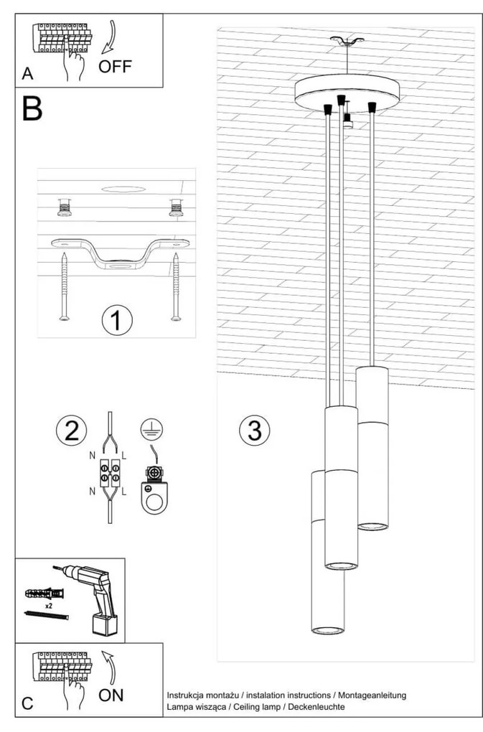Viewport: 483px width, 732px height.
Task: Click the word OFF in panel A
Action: (116, 67)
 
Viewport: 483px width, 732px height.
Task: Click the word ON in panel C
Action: (111, 694)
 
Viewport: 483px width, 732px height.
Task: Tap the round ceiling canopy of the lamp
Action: (344, 90)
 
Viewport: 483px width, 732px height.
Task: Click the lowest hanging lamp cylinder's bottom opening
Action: (328, 630)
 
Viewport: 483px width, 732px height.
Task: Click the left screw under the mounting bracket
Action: (64, 288)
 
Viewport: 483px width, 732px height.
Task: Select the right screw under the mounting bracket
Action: (175, 288)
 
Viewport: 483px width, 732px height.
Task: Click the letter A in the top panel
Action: (27, 74)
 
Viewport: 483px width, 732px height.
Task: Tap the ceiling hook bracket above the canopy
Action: (345, 42)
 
